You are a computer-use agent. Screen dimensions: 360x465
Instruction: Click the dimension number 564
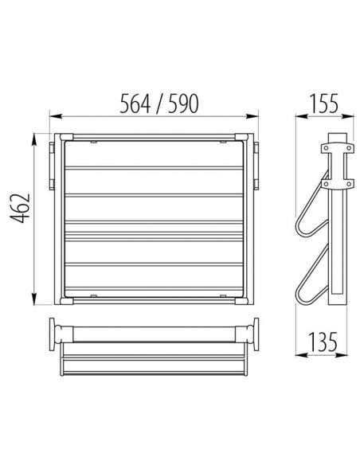[135, 104]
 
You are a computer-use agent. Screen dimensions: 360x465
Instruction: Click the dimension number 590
[183, 104]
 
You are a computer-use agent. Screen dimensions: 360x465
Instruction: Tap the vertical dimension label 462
[21, 208]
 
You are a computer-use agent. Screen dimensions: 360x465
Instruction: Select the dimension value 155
[323, 104]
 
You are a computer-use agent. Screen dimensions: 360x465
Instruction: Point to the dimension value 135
[323, 342]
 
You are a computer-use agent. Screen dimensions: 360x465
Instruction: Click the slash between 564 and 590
[159, 104]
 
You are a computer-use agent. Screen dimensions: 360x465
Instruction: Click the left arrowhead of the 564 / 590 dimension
[56, 116]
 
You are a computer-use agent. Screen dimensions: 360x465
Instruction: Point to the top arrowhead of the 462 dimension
[34, 139]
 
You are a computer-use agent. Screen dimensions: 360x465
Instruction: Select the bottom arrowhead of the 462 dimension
[34, 299]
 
